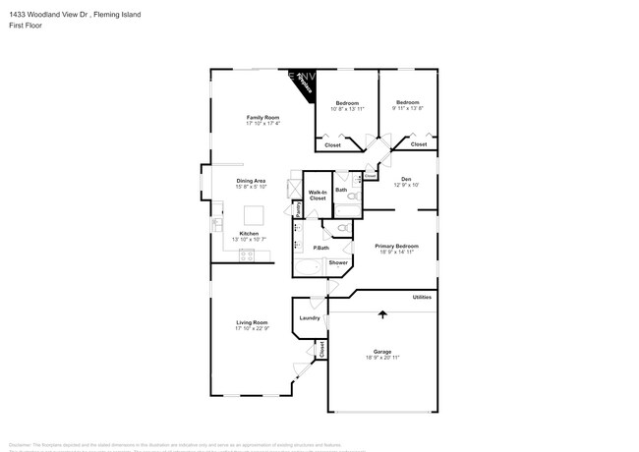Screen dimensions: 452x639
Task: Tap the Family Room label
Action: (x=262, y=118)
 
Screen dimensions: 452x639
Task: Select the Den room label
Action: (x=406, y=178)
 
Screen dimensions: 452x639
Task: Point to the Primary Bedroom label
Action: (x=398, y=246)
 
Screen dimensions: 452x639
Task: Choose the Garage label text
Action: (x=382, y=351)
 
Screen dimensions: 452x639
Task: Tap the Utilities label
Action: (x=422, y=296)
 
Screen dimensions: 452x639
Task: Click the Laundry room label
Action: (x=310, y=317)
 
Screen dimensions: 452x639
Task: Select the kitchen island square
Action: (x=255, y=214)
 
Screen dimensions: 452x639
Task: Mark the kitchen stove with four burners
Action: (x=247, y=255)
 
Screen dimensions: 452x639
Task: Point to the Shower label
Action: (x=338, y=262)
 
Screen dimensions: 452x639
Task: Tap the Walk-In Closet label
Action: (x=318, y=196)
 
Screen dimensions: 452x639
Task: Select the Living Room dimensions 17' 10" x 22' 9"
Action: (x=251, y=328)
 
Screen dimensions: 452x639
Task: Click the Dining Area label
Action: (x=251, y=180)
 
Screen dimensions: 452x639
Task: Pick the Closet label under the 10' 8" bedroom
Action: (x=332, y=144)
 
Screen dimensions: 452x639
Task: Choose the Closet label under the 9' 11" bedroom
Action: (x=418, y=144)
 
